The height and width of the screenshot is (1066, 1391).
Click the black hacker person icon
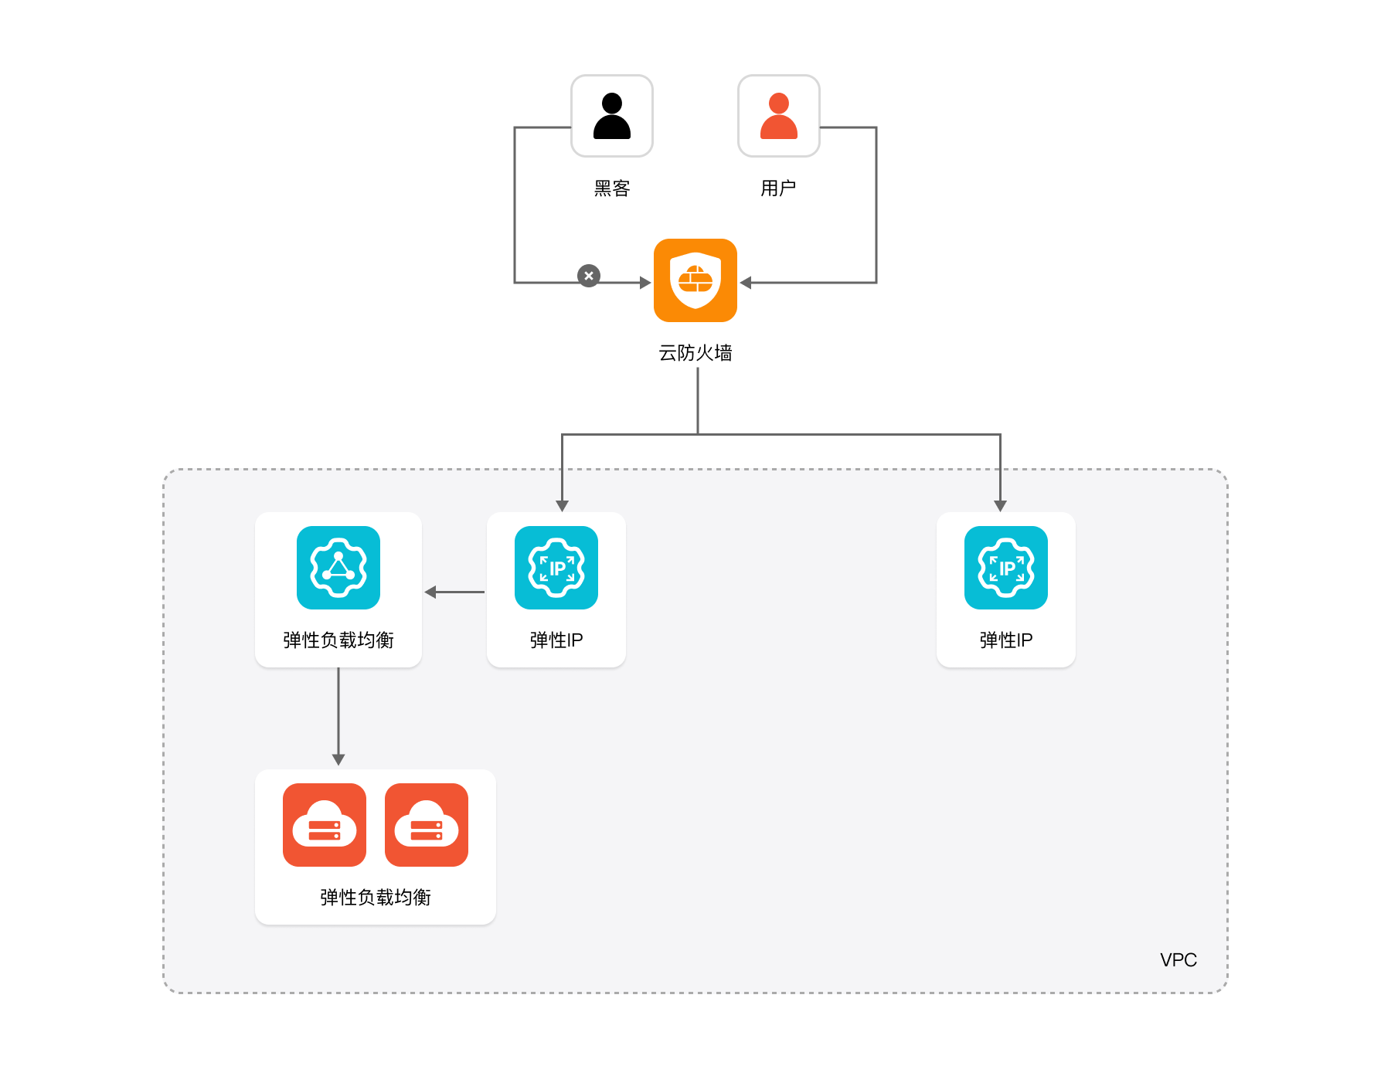click(611, 116)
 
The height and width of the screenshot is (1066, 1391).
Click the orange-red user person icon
click(778, 116)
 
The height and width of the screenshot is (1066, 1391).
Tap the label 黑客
click(611, 188)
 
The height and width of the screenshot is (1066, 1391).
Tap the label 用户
click(778, 188)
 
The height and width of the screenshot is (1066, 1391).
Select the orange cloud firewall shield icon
click(695, 280)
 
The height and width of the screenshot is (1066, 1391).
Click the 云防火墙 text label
click(695, 353)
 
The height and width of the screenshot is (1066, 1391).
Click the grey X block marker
click(589, 276)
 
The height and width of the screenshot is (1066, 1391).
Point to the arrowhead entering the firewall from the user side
click(746, 283)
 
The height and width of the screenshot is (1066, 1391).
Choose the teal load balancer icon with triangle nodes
click(338, 568)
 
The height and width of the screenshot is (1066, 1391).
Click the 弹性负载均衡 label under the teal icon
click(338, 640)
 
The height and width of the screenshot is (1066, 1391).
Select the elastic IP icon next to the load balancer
click(556, 568)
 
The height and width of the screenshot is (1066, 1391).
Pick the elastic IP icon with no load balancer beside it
click(1005, 568)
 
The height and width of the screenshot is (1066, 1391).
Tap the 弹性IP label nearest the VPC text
click(1005, 640)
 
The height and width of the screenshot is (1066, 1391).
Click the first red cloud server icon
click(324, 825)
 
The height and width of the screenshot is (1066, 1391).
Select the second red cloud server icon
click(426, 825)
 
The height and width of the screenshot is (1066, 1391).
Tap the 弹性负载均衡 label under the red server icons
click(375, 897)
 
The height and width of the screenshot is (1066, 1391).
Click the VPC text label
click(1178, 959)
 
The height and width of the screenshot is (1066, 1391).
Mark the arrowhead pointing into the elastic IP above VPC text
click(1000, 506)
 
